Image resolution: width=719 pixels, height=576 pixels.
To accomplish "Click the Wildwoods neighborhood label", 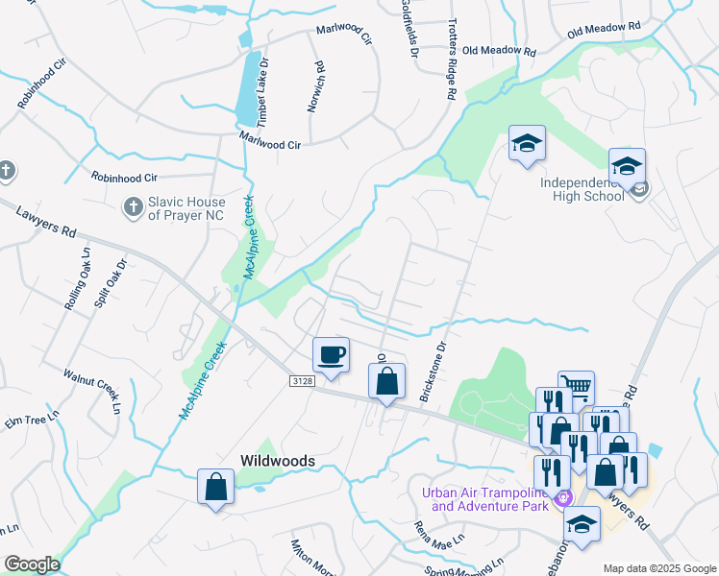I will click(277, 461).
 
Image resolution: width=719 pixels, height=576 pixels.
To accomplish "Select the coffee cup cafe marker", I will click(331, 354).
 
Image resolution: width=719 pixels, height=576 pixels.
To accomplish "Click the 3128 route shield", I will click(302, 381).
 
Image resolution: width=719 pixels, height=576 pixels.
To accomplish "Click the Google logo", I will click(32, 564).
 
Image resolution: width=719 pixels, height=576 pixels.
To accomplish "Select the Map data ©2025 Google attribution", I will click(658, 568).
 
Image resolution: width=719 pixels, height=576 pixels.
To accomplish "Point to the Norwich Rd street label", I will click(315, 87).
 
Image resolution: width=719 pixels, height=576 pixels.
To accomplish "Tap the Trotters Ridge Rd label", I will click(449, 60).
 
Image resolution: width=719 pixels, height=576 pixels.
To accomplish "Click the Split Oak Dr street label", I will click(108, 282).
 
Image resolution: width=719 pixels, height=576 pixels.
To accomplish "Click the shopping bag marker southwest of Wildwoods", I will click(215, 487).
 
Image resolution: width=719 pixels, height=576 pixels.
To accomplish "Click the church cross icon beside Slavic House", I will click(133, 206).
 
